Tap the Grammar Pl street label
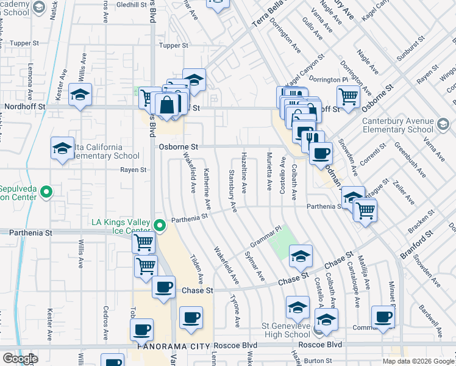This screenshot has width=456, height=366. (x=263, y=234)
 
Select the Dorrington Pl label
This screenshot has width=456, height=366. (x=328, y=79)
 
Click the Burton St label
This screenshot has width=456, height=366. (x=318, y=361)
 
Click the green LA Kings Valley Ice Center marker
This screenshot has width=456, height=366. (x=160, y=226)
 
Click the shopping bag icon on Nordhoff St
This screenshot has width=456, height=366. (x=167, y=104)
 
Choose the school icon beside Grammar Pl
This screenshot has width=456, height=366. (x=301, y=257)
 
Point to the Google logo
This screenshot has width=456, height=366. (x=20, y=359)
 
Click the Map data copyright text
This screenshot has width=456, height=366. (x=418, y=361)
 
